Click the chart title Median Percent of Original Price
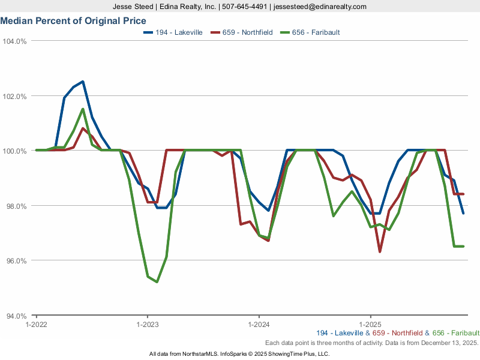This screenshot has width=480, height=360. [73, 20]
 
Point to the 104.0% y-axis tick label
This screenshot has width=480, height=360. [14, 41]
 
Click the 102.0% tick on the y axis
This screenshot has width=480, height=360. [14, 96]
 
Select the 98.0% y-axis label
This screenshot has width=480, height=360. [16, 206]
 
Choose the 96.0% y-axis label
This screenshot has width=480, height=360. [16, 261]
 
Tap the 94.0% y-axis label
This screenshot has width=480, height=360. [16, 316]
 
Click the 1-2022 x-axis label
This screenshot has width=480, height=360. [36, 324]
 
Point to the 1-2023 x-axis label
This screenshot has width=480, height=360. [148, 324]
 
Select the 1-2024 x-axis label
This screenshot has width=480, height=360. [259, 324]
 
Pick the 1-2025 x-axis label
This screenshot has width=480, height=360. [370, 324]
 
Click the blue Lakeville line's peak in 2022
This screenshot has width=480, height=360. [83, 82]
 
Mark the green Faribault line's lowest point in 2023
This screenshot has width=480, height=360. [157, 281]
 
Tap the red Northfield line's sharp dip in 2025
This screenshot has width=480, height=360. [380, 251]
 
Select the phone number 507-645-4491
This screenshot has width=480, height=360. [245, 7]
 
